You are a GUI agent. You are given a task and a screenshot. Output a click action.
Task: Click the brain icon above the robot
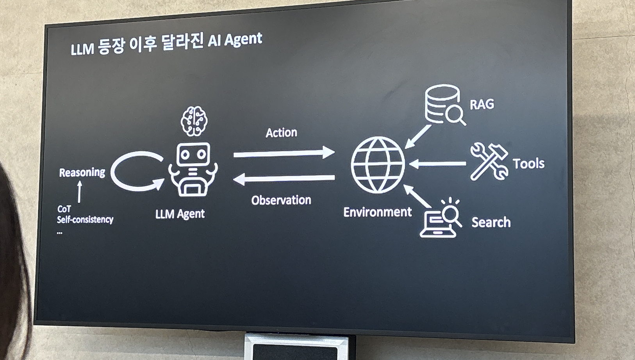point(194,121)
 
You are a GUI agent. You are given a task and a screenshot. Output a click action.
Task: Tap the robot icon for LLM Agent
point(193,169)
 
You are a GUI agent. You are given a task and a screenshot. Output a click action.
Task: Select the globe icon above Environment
point(378,164)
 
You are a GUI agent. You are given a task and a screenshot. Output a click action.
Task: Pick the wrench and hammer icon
point(489,162)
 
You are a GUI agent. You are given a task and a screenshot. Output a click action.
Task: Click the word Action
point(281,133)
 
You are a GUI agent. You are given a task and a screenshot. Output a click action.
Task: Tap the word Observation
point(281,200)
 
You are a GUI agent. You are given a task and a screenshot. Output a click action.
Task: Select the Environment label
point(377,212)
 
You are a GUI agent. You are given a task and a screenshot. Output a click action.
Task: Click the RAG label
point(482,104)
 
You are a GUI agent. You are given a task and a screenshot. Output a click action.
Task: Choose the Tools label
point(528,164)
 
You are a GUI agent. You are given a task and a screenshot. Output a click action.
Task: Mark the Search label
point(491,222)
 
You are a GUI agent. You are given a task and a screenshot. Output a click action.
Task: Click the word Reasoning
point(82,173)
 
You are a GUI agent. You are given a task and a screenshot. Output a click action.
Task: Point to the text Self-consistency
point(85,219)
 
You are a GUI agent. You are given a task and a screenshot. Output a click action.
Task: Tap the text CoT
point(64,209)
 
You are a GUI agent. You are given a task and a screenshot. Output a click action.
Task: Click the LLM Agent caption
point(180,214)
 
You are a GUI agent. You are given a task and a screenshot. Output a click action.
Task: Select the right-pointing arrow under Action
point(284,153)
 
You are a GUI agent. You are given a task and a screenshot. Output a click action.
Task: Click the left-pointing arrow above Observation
point(284,179)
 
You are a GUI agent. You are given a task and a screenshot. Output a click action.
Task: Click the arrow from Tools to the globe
point(437,164)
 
